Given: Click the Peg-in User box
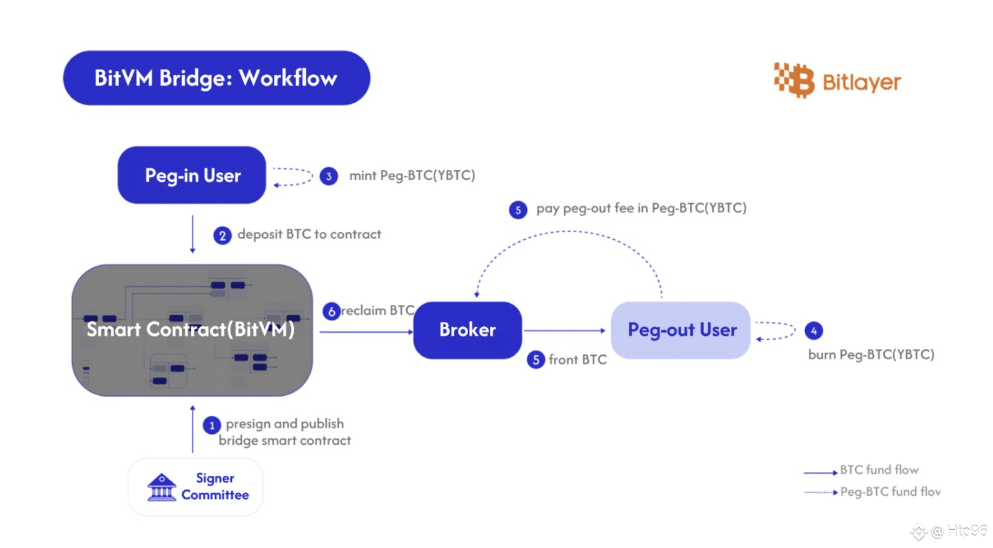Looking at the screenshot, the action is pos(191,175).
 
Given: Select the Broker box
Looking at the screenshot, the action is pos(468,330).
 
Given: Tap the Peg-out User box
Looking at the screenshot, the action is pos(681,330).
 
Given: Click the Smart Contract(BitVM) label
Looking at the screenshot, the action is pos(191,329).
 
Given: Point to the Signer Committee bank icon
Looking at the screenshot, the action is pos(162,487).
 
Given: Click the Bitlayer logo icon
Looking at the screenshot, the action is pos(794,80).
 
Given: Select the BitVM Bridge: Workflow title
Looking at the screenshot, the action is pos(216,78).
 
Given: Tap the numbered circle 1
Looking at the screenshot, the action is pos(211,425).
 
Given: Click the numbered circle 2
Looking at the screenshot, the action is pos(222,235).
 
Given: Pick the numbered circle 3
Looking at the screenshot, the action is pos(328,176).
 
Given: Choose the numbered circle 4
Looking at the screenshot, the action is pos(813,331).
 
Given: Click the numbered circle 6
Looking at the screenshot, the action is pos(331,311).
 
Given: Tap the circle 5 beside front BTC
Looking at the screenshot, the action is pos(536,359).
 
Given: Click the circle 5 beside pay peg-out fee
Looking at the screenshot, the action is pos(518,210).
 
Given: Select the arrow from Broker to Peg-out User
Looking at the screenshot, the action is pos(564,331).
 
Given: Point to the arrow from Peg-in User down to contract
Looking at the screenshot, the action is pos(193,234).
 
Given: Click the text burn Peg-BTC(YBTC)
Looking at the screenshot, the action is pos(871,355).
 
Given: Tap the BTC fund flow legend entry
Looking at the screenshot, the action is pos(861,471).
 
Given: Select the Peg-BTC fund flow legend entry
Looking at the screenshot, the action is pos(872,492).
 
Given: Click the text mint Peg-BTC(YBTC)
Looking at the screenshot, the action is pos(412,176).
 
